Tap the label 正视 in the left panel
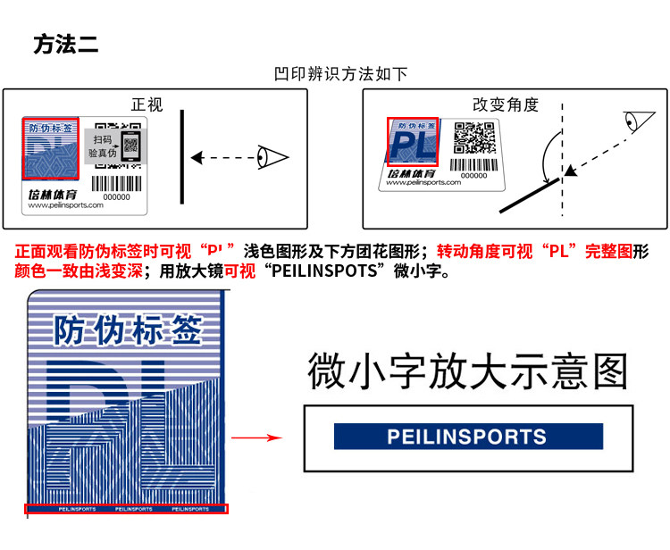pyautogui.click(x=147, y=104)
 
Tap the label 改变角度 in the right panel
pyautogui.click(x=506, y=104)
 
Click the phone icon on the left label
pyautogui.click(x=131, y=146)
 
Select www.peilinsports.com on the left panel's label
pyautogui.click(x=66, y=204)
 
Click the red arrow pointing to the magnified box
pyautogui.click(x=256, y=438)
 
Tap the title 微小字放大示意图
pyautogui.click(x=468, y=372)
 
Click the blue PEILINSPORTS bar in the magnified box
pyautogui.click(x=468, y=437)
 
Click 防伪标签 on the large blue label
pyautogui.click(x=125, y=329)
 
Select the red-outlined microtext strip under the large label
pyautogui.click(x=126, y=509)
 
